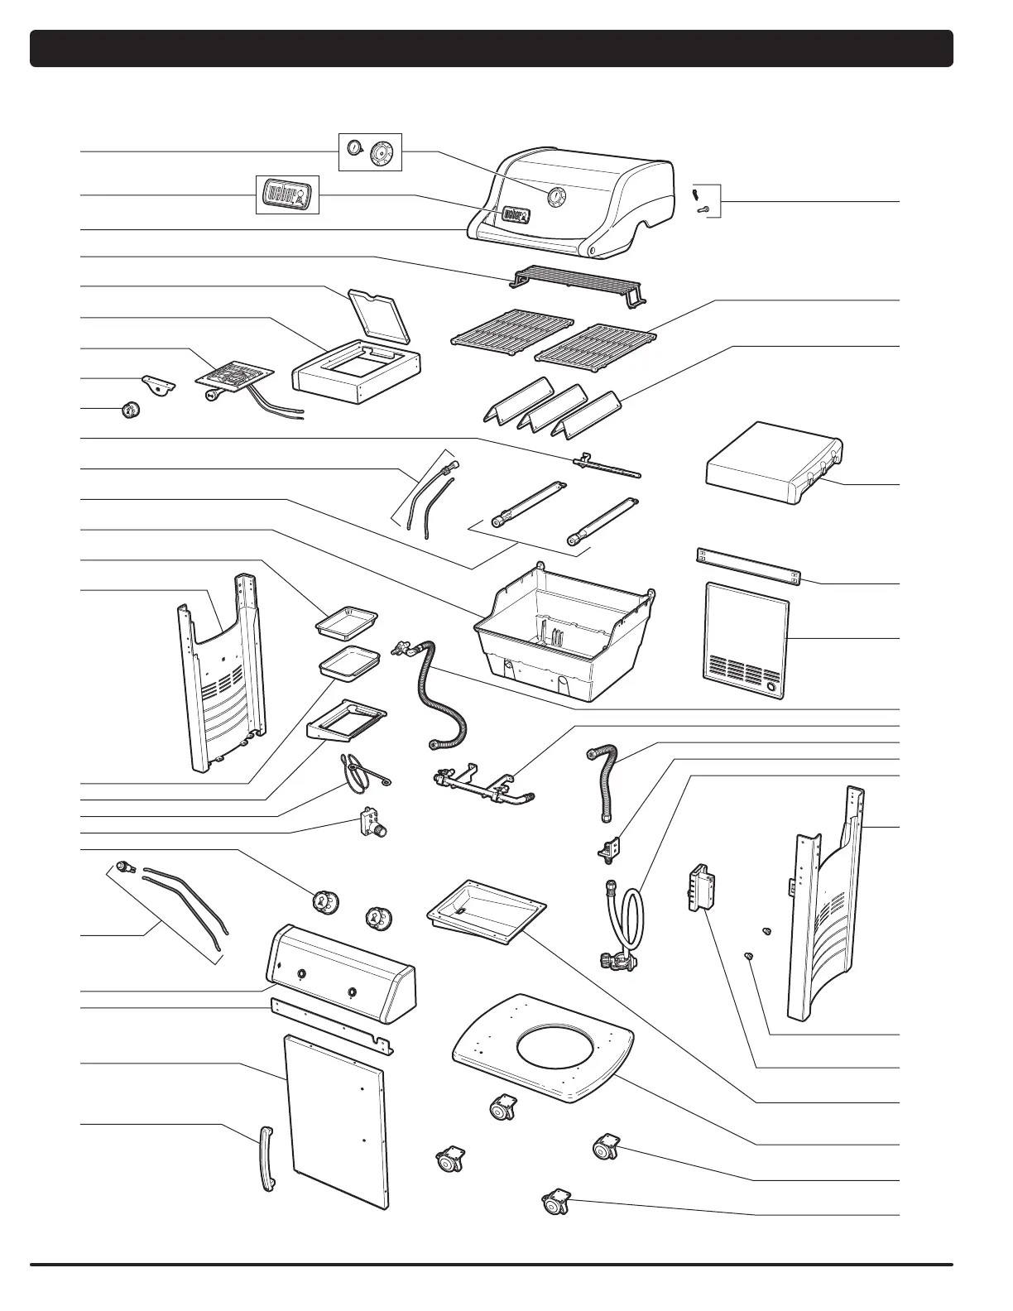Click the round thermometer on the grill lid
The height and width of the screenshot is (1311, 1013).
click(x=555, y=196)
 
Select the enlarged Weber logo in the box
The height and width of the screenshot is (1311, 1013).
click(x=287, y=195)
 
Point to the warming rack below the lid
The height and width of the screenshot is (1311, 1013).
click(x=579, y=282)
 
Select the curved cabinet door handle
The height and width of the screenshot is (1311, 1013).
click(x=266, y=1159)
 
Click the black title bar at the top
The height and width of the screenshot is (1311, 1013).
click(x=492, y=48)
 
